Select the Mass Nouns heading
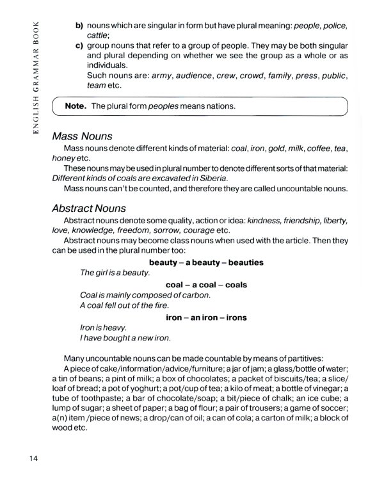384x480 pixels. point(83,136)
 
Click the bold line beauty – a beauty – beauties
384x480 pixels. point(206,262)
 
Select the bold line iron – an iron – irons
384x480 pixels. point(206,317)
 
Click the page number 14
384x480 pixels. point(35,458)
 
